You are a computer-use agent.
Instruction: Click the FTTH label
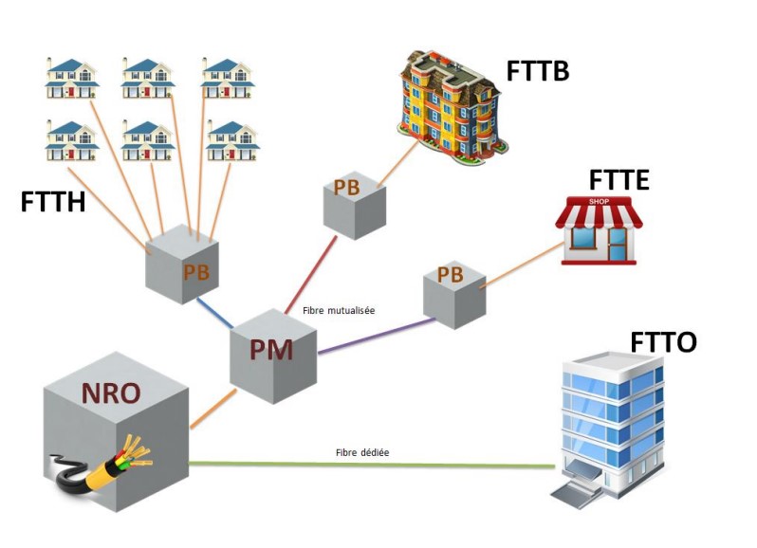click(52, 201)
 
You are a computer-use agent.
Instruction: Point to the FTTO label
click(663, 341)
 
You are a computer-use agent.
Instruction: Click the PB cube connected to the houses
click(182, 266)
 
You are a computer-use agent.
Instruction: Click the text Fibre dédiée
click(361, 453)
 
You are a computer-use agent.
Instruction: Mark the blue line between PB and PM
click(217, 313)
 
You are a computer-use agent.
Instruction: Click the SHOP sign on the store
click(599, 201)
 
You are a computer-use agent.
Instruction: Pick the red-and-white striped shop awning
click(599, 217)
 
